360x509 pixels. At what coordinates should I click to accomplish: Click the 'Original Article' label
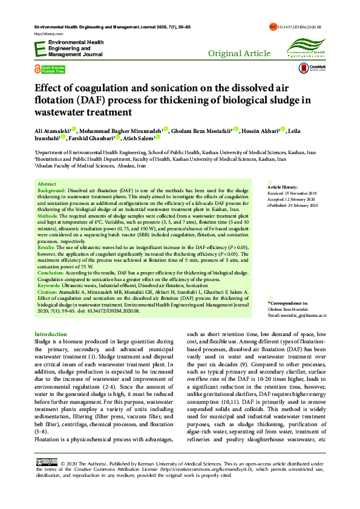point(239,54)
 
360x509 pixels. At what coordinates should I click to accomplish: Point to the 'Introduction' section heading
point(51,334)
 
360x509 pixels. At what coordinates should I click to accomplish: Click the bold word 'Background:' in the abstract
point(52,189)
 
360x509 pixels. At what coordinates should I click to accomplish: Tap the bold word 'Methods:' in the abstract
point(48,215)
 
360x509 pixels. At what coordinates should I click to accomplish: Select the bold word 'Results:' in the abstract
point(47,247)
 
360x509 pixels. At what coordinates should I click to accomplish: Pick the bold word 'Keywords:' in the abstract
point(50,284)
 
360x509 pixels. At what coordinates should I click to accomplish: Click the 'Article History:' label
point(283,187)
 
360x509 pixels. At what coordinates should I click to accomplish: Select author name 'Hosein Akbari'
point(258,130)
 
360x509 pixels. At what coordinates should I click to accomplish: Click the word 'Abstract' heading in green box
point(47,183)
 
